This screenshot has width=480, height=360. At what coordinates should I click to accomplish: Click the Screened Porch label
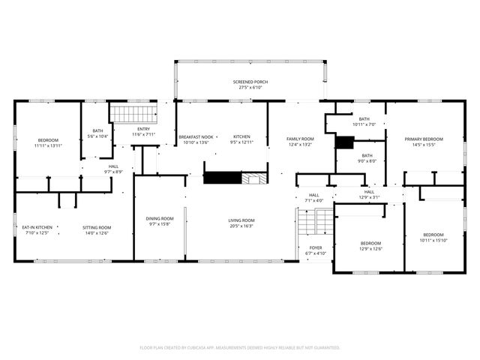point(250,85)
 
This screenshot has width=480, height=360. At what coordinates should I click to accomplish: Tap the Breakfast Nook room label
point(196,139)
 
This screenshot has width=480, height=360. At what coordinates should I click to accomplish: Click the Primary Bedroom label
point(424,142)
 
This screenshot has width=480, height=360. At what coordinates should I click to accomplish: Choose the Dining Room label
point(159,221)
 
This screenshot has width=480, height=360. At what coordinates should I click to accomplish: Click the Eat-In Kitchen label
point(37,230)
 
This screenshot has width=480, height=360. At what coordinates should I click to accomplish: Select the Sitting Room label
point(97,230)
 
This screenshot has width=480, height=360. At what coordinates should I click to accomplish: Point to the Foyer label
point(316,250)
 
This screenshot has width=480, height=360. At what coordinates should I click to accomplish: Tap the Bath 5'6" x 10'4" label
point(97,133)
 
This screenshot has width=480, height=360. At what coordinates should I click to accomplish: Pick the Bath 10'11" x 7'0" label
point(364,121)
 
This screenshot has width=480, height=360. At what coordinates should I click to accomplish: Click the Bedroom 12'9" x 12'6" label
point(370,246)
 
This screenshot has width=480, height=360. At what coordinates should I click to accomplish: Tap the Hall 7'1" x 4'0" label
point(313,198)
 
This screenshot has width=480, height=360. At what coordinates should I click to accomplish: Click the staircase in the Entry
point(133,114)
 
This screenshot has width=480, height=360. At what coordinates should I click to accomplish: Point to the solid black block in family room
point(344,142)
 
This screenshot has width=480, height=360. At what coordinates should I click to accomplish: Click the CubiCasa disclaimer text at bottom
point(240,347)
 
